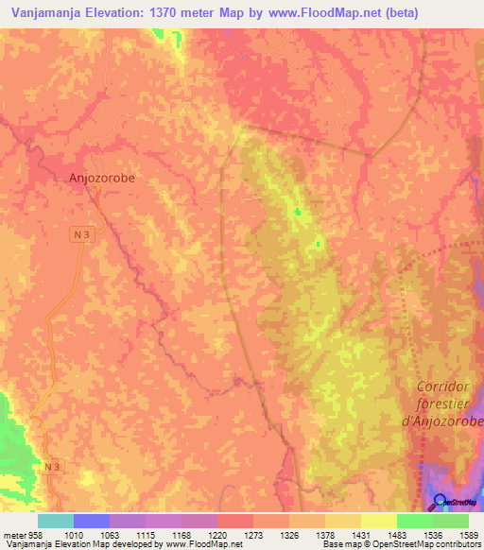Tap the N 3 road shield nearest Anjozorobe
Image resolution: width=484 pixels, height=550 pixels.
(x=83, y=233)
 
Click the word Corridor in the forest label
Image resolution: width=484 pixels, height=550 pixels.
(x=449, y=387)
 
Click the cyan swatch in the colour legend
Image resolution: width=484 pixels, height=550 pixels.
(x=56, y=521)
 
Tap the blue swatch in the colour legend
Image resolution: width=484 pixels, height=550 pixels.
(x=92, y=521)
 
